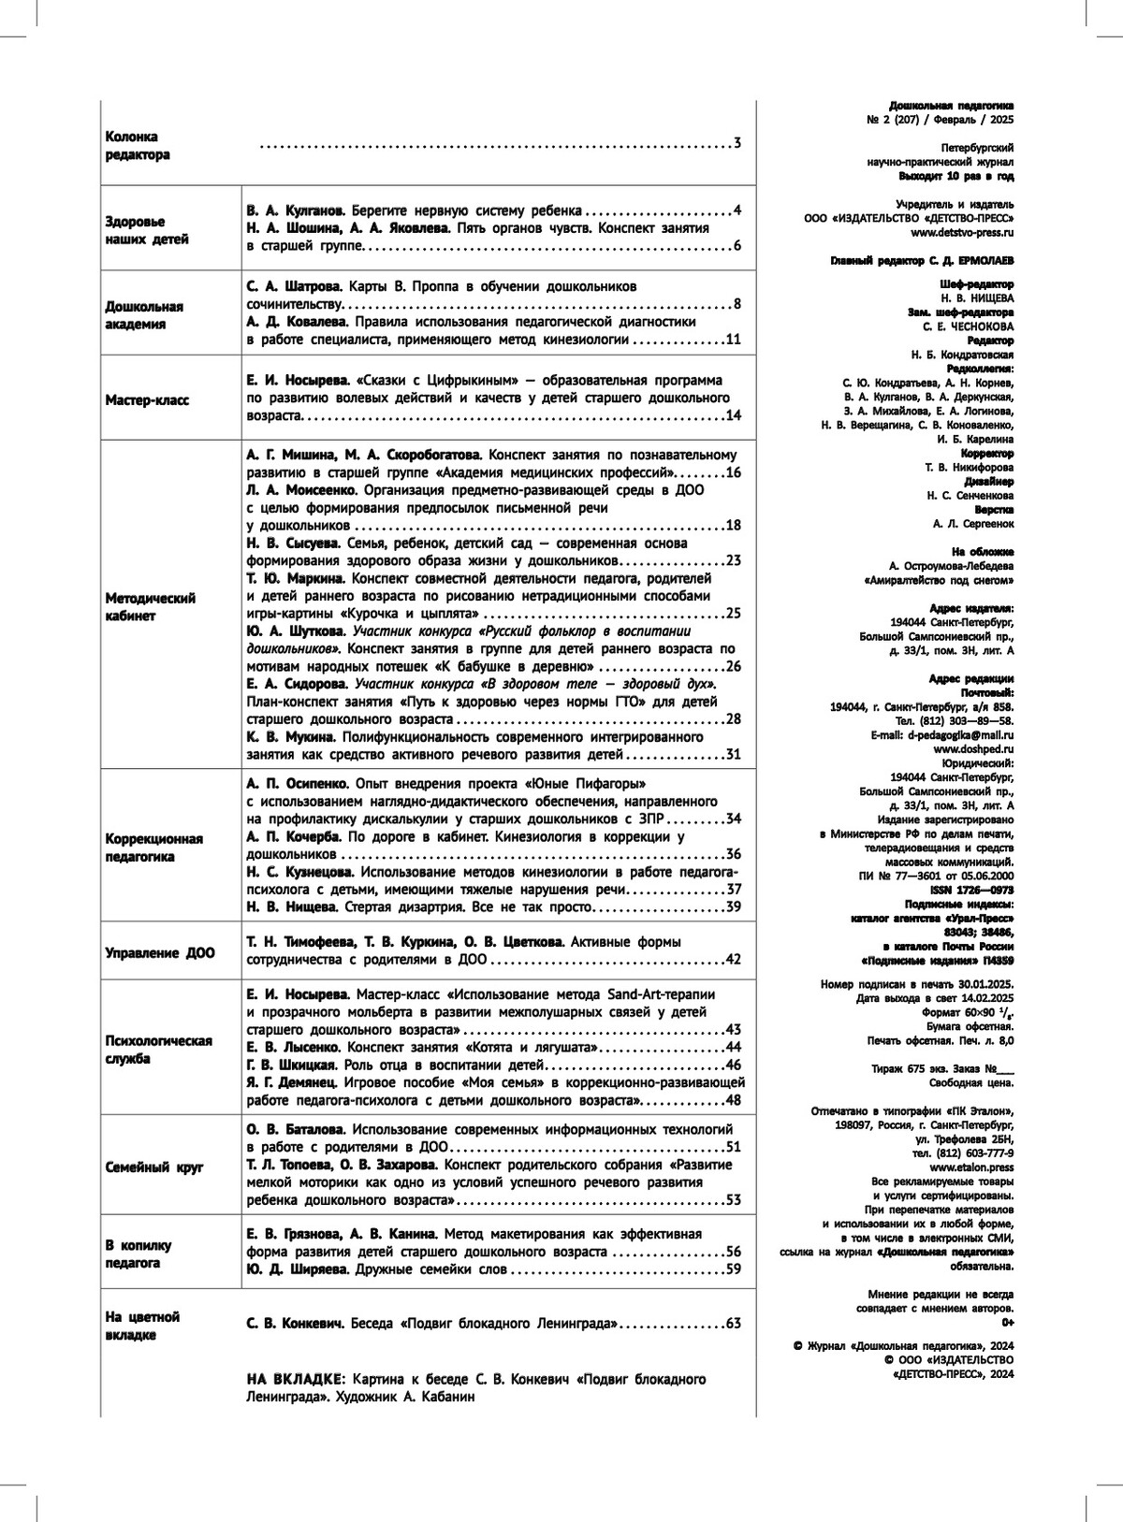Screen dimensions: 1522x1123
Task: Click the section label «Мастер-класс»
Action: [x=147, y=400]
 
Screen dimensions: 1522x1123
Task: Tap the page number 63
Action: [x=733, y=1324]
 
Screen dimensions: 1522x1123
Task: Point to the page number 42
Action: [x=733, y=960]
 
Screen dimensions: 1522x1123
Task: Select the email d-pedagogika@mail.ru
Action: [x=961, y=735]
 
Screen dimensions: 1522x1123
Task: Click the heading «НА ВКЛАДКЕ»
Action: [x=294, y=1379]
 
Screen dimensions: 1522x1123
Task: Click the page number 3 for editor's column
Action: [x=737, y=144]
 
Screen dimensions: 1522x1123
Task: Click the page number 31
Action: [x=733, y=755]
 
